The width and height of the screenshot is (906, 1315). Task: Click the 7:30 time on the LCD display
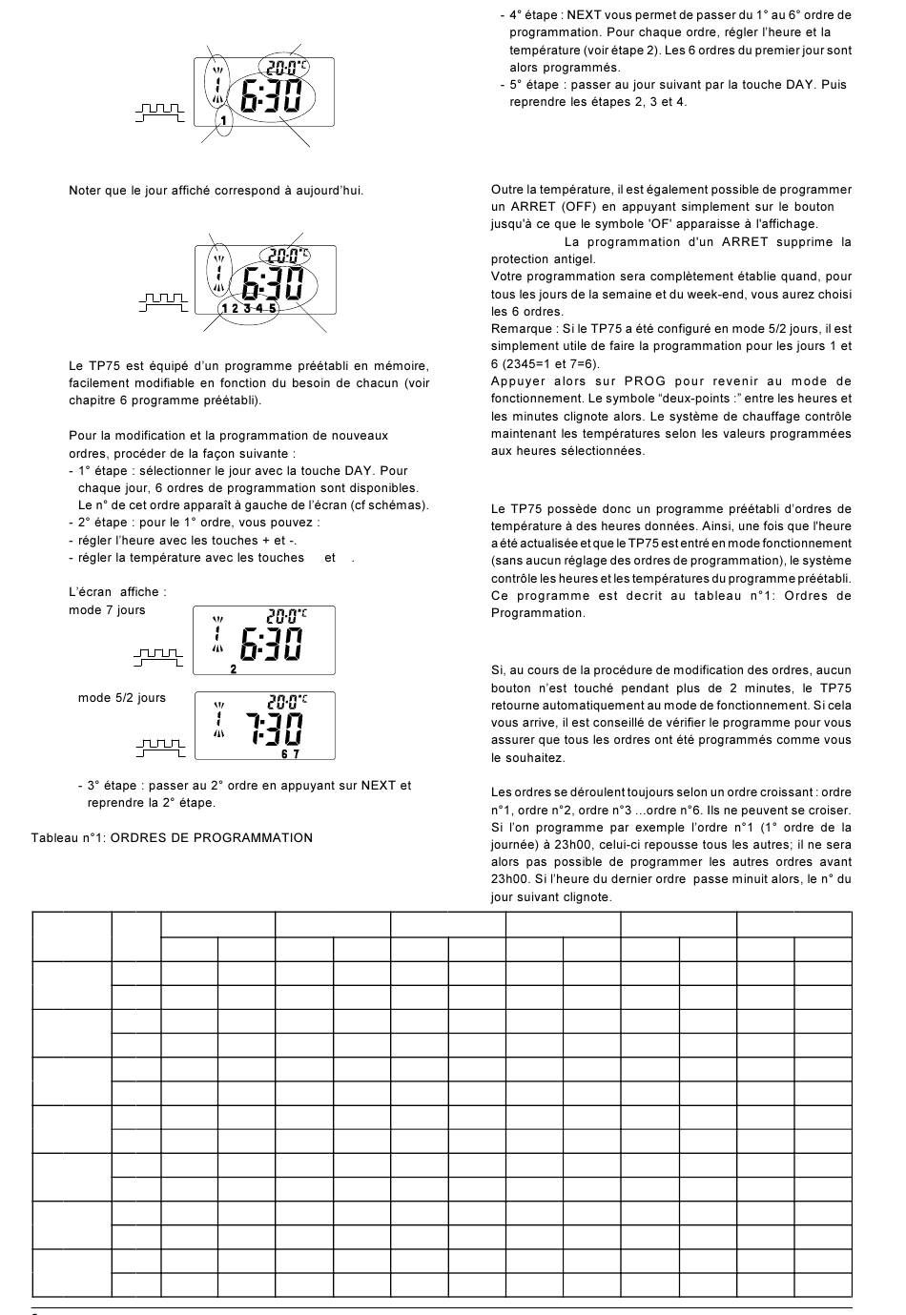pyautogui.click(x=276, y=729)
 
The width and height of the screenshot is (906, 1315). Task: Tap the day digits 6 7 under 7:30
pyautogui.click(x=290, y=754)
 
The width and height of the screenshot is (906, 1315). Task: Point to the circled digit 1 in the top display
pyautogui.click(x=223, y=121)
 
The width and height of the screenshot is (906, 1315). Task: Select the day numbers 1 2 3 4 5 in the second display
pyautogui.click(x=248, y=308)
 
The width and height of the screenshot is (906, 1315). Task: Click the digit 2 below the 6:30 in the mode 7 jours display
pyautogui.click(x=234, y=669)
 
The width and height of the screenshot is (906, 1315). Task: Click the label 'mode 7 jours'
pyautogui.click(x=107, y=610)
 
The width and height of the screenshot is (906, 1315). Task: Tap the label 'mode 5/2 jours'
pyautogui.click(x=122, y=698)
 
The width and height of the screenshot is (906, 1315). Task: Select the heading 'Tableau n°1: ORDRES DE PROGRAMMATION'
pyautogui.click(x=172, y=838)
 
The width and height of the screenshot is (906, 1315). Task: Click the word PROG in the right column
pyautogui.click(x=645, y=381)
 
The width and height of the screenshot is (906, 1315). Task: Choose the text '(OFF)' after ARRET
pyautogui.click(x=581, y=207)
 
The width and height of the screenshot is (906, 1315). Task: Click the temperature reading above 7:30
pyautogui.click(x=286, y=700)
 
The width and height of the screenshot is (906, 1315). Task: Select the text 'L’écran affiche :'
pyautogui.click(x=117, y=592)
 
